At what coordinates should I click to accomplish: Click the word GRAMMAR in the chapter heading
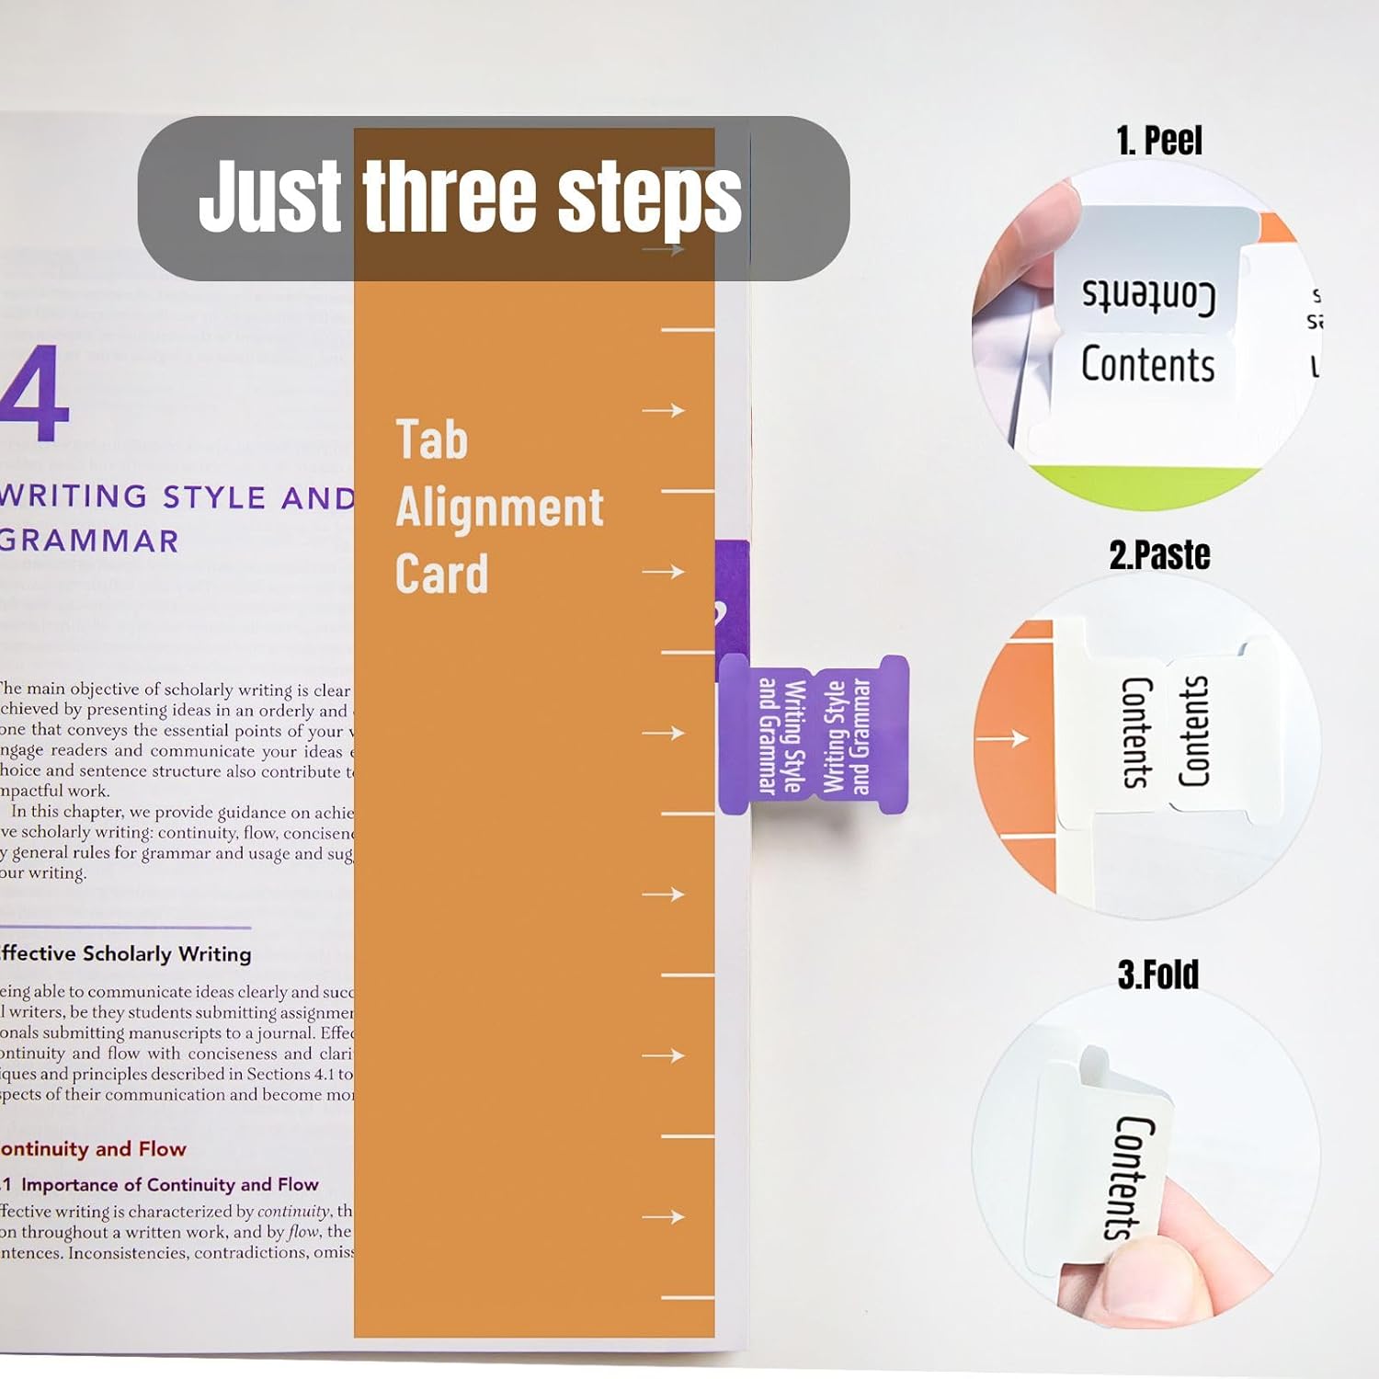[89, 541]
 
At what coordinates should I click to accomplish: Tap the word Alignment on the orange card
[499, 507]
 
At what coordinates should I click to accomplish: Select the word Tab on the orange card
[431, 439]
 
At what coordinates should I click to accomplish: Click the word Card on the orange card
[441, 575]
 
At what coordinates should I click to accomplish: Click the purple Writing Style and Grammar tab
[814, 735]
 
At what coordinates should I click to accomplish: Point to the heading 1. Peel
[1158, 141]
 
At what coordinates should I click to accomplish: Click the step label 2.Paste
[1159, 555]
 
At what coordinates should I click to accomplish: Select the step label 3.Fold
[1157, 974]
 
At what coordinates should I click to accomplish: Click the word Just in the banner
[269, 196]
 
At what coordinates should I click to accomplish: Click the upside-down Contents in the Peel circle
[1147, 294]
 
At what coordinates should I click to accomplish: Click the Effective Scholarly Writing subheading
[126, 953]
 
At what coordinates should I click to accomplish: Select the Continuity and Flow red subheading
[93, 1149]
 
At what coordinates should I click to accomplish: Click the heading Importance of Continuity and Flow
[169, 1184]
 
